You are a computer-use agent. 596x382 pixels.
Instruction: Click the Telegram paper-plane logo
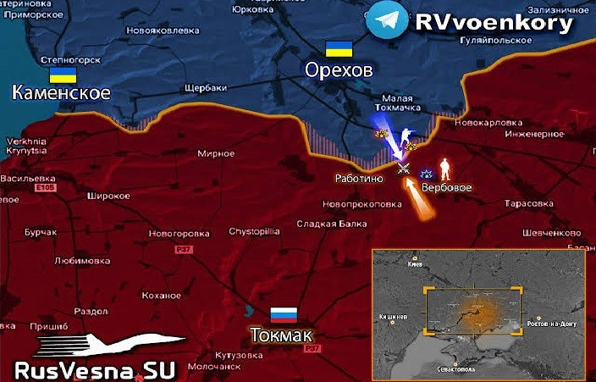click(387, 21)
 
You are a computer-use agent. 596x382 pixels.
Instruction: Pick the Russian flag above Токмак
click(283, 314)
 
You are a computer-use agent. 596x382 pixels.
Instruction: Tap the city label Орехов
click(339, 71)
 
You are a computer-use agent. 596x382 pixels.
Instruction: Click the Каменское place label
click(61, 92)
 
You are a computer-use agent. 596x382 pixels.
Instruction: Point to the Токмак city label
click(281, 335)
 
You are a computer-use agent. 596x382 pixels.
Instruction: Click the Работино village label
click(359, 180)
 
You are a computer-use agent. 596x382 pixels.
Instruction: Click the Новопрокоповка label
click(361, 204)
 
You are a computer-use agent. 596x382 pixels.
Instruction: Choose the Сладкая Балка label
click(332, 224)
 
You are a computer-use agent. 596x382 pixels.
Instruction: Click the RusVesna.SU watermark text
click(95, 370)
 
